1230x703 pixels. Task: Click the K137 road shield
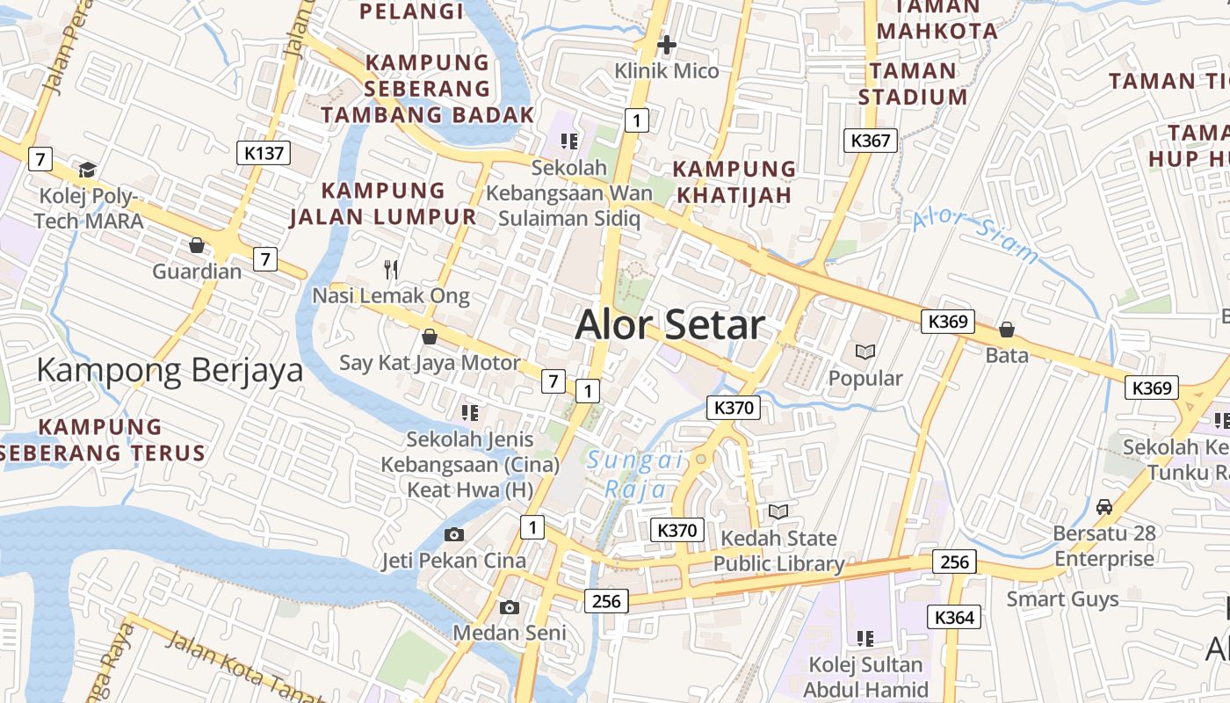point(264,153)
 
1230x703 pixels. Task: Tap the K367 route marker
point(871,140)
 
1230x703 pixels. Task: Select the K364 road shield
point(954,618)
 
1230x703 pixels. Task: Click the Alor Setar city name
point(670,325)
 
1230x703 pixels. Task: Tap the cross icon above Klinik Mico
point(667,44)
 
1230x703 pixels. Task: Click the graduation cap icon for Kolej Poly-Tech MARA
point(87,170)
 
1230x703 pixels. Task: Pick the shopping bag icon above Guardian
point(197,245)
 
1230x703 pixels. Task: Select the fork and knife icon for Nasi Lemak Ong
point(392,269)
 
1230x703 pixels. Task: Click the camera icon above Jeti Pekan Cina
point(454,534)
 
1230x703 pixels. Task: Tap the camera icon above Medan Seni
point(509,607)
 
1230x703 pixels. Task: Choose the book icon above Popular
point(865,352)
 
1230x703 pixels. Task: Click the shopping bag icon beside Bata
point(1007,330)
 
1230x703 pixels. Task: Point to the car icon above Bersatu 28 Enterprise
point(1104,507)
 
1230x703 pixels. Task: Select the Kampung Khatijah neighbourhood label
point(734,182)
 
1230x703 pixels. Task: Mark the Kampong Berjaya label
point(170,371)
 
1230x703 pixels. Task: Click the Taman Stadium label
point(913,83)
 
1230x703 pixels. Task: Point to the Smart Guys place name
point(1062,599)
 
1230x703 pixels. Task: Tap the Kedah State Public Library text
point(778,551)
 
